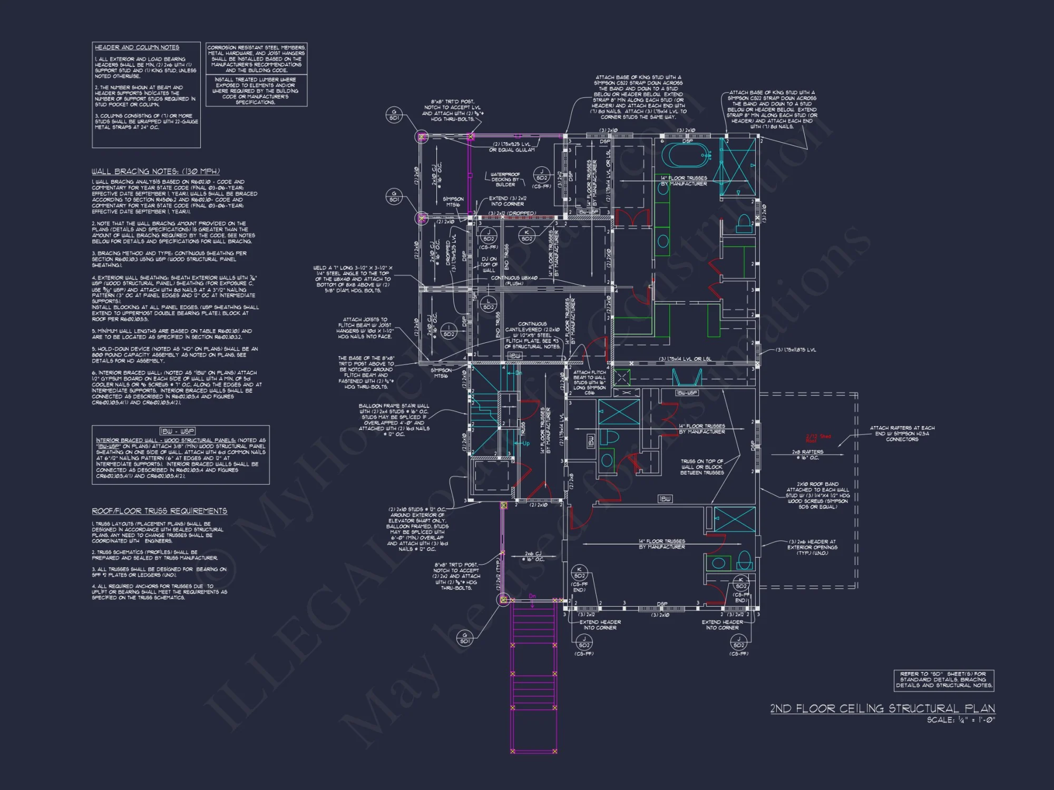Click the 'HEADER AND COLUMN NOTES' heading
136,47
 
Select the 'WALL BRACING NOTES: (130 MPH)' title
155,171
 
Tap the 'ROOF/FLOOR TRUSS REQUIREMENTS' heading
159,511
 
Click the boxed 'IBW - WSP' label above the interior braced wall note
177,431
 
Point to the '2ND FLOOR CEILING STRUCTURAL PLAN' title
882,708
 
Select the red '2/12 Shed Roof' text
818,438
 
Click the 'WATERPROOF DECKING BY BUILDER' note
505,179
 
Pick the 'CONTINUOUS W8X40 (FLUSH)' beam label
514,281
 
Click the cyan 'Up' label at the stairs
525,443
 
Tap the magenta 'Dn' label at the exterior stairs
532,596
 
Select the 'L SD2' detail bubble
489,304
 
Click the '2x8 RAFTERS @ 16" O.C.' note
807,455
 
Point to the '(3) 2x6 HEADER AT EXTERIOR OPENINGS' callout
812,547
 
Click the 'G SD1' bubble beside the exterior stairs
465,638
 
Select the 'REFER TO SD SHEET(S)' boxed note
943,679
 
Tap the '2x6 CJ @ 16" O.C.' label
533,556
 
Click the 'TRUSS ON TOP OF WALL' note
702,467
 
